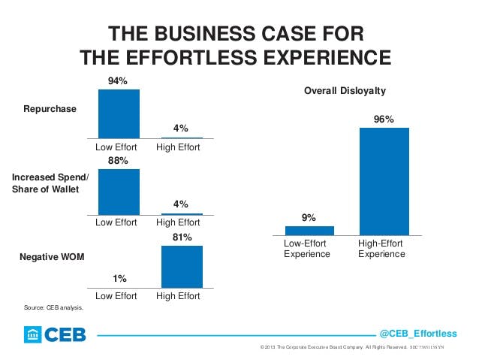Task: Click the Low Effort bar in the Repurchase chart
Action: pos(119,113)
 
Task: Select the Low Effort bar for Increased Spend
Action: pos(119,192)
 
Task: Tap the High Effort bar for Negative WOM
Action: pos(182,267)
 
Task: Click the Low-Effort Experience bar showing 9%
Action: pos(309,231)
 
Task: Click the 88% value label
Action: pos(119,161)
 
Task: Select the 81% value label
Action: pos(182,237)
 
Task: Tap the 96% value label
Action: pos(384,119)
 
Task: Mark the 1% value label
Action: pos(119,279)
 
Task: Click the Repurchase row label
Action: pos(50,109)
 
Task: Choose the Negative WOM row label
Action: pos(51,257)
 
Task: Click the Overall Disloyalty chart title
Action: pos(345,91)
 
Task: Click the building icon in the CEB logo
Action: pos(33,334)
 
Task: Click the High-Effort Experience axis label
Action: pos(381,250)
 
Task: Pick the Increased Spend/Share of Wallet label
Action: pos(50,183)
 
